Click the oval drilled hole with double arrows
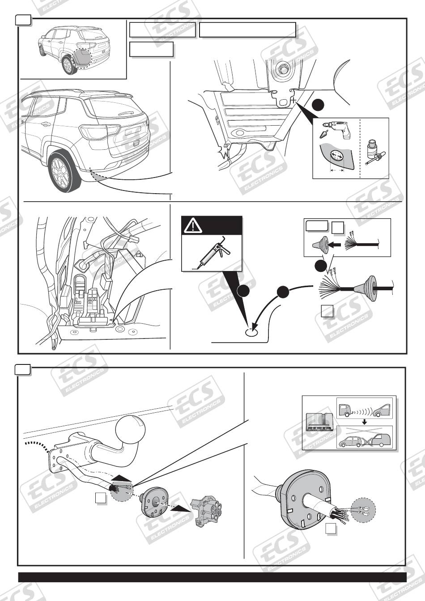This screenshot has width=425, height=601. tap(336, 157)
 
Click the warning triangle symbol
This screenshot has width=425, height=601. tap(193, 226)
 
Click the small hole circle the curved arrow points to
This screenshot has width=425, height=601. tap(251, 331)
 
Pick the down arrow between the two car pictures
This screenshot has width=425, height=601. tap(365, 421)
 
